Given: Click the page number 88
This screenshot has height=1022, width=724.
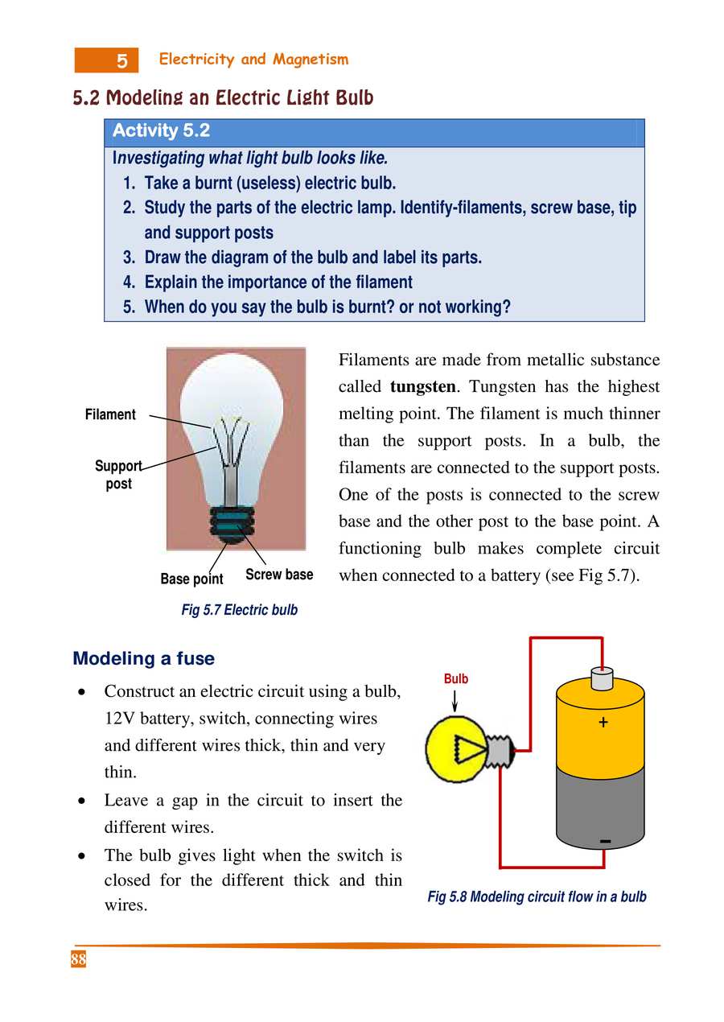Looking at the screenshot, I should tap(78, 960).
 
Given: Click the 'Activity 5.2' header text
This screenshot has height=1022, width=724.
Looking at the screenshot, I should tap(161, 131).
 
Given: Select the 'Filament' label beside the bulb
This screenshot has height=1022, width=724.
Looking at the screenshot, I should tap(110, 415).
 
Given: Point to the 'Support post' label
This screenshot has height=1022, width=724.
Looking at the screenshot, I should tap(118, 475).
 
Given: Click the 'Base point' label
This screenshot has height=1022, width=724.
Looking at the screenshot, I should tap(191, 579).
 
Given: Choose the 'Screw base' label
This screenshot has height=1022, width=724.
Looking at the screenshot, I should tap(279, 575).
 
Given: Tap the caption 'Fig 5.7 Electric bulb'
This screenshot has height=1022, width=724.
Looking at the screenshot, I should tap(239, 610).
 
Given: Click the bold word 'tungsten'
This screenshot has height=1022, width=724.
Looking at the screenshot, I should tap(423, 387).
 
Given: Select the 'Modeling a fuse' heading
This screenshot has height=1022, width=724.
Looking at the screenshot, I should tap(143, 659).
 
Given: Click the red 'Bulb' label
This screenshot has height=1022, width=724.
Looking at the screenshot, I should tap(455, 679).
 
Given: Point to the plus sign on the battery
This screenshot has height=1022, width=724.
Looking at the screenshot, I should tap(603, 723).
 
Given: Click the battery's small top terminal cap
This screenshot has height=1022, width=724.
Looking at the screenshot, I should tap(601, 679).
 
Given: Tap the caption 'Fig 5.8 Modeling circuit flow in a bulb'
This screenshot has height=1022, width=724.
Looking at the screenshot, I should tap(537, 896).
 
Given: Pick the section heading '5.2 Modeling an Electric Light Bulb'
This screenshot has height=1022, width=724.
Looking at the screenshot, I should tap(223, 99).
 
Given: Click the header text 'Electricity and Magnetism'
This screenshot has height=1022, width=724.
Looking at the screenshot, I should tap(253, 60).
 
